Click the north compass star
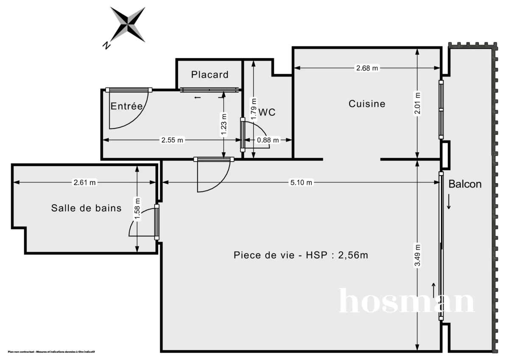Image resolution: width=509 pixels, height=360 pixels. [x=128, y=24]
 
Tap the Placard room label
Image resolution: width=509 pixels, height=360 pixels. [x=210, y=75]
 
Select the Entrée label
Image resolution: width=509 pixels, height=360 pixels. [x=126, y=106]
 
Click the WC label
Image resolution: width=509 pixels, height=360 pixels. [x=267, y=112]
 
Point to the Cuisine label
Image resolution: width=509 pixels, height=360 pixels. [x=367, y=103]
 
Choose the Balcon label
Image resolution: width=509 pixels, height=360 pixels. [x=465, y=184]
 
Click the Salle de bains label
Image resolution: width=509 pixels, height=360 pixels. [x=86, y=208]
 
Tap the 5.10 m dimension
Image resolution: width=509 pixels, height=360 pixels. [x=301, y=183]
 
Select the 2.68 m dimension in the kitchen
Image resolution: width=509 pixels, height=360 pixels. [x=367, y=68]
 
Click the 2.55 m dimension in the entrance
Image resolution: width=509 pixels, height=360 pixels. [x=172, y=140]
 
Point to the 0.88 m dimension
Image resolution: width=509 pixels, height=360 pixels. [x=268, y=140]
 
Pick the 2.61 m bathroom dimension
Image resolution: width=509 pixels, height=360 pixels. [x=85, y=183]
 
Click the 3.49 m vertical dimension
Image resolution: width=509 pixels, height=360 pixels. [x=417, y=255]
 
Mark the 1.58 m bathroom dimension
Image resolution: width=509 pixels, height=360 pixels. [x=137, y=209]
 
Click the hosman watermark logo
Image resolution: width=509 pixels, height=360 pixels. [x=406, y=301]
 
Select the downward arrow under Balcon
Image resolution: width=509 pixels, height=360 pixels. [x=449, y=204]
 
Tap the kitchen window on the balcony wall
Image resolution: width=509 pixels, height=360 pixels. [x=441, y=109]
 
